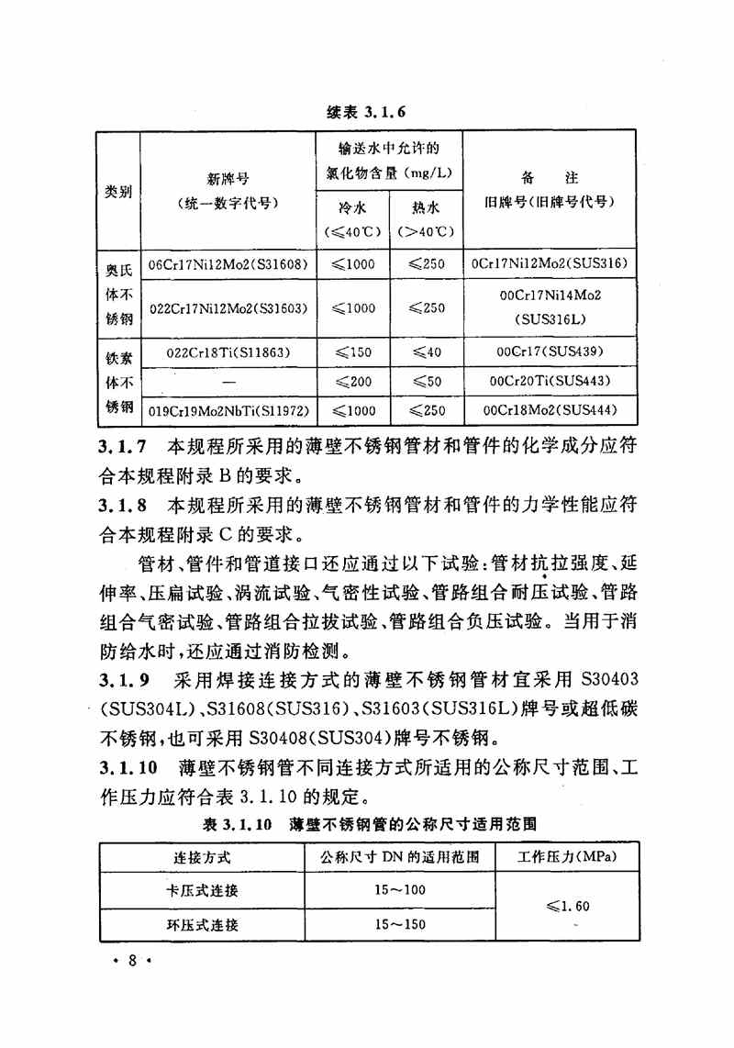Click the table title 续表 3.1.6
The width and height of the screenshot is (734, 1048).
tap(365, 113)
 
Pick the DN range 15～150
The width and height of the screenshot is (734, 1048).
tap(400, 923)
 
